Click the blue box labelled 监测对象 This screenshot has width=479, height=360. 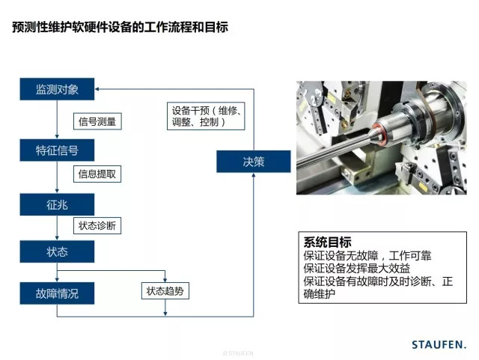pos(57,90)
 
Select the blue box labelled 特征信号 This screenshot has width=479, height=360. pos(57,150)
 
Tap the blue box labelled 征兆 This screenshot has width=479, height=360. pos(57,204)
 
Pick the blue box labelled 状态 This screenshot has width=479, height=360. pos(57,251)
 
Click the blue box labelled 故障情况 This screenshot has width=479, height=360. pos(57,293)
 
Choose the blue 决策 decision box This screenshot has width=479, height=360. pos(242,161)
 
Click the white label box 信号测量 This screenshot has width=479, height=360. pos(97,121)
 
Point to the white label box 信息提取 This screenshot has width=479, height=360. pos(97,174)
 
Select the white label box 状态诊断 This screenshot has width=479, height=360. pos(97,225)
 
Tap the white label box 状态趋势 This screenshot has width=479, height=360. pos(165,290)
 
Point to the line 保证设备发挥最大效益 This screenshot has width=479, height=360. pos(357,268)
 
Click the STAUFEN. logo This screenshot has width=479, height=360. pos(439,344)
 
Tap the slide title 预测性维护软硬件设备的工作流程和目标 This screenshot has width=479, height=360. pos(120,28)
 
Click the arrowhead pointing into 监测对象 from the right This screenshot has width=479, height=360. pos(99,90)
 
